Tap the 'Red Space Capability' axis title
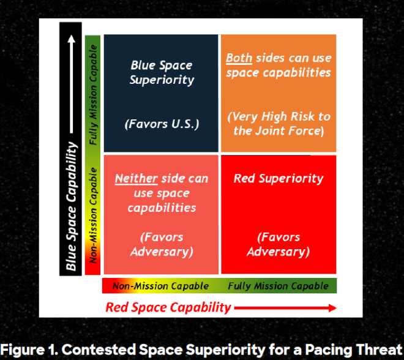pyautogui.click(x=168, y=307)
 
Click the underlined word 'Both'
pyautogui.click(x=239, y=59)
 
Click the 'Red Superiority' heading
pyautogui.click(x=279, y=179)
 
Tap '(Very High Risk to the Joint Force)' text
pyautogui.click(x=279, y=124)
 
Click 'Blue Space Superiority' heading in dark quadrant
pyautogui.click(x=162, y=72)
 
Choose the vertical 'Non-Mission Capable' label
pyautogui.click(x=93, y=220)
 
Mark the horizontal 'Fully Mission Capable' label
pyautogui.click(x=277, y=286)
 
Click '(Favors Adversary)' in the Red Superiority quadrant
pyautogui.click(x=279, y=244)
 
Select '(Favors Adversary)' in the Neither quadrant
pyautogui.click(x=162, y=244)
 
